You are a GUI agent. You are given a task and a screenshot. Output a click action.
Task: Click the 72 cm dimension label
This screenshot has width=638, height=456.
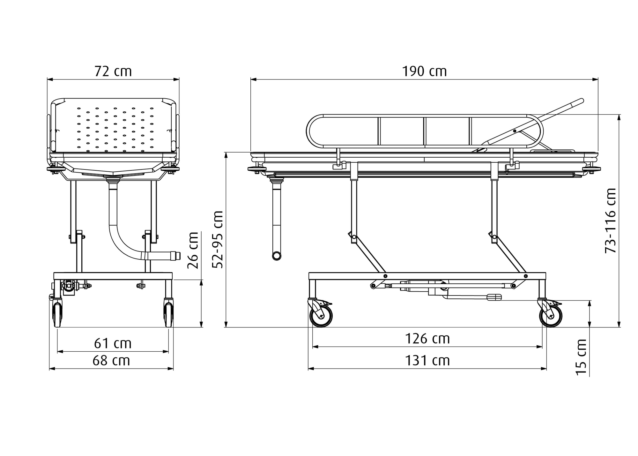point(113,71)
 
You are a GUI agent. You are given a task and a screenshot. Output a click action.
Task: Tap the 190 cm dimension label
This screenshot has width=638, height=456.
point(424,71)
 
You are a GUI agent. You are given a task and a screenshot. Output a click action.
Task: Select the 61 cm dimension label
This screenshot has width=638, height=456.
point(113,343)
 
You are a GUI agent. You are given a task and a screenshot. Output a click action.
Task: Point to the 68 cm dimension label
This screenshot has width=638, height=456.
point(111,361)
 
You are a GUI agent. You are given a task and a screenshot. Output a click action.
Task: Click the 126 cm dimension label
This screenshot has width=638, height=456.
point(427,339)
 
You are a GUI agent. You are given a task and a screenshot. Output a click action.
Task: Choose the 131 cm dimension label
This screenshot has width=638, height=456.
point(427,361)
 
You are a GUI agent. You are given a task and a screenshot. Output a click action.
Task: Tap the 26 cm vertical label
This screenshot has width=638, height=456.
point(193,250)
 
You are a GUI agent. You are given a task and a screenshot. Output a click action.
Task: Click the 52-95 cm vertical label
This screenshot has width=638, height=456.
point(218,240)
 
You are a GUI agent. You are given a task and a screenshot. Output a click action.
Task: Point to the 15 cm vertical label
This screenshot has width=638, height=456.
point(581,357)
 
